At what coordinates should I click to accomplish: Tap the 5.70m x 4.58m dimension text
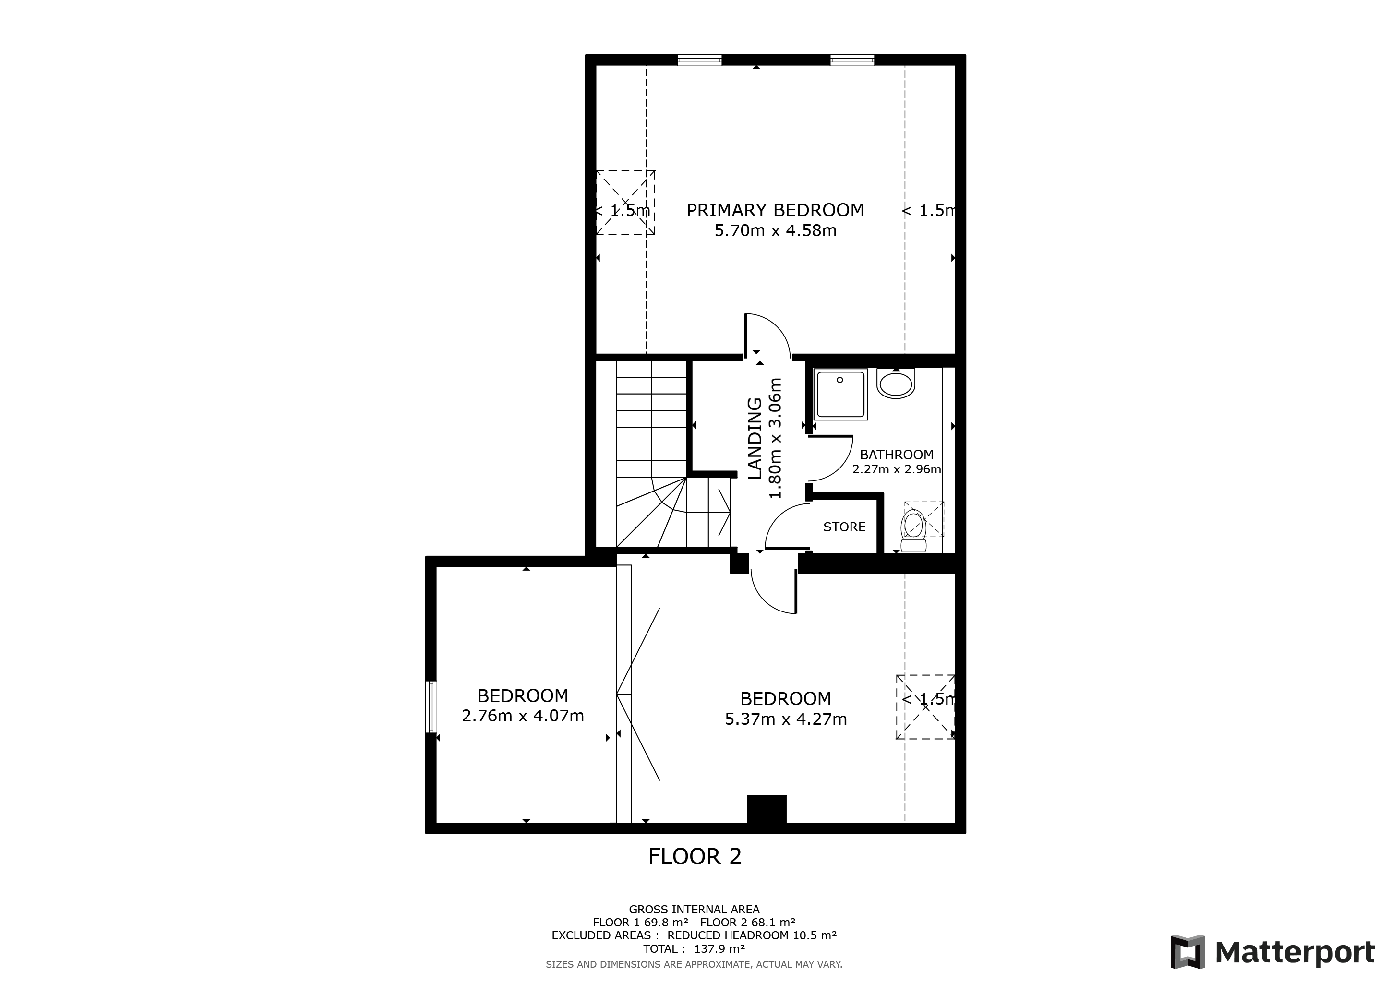tap(776, 230)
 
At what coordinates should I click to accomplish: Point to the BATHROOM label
tap(897, 455)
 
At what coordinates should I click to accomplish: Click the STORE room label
tap(845, 527)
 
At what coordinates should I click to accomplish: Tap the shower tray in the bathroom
tap(841, 394)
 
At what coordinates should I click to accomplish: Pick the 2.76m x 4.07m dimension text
tap(523, 716)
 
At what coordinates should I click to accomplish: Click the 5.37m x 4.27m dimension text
tap(786, 719)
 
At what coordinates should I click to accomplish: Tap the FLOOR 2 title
tap(695, 856)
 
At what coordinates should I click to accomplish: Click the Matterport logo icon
tap(1187, 952)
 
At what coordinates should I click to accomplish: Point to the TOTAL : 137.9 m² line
tap(695, 949)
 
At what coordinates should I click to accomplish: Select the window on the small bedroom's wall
tap(431, 707)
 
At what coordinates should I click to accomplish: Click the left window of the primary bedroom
tap(700, 60)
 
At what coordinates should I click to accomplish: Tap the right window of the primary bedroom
tap(852, 60)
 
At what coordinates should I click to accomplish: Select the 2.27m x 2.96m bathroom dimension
tap(897, 469)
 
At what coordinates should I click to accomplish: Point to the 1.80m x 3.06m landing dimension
tap(776, 439)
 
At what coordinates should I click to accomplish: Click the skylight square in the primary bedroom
tap(625, 203)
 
